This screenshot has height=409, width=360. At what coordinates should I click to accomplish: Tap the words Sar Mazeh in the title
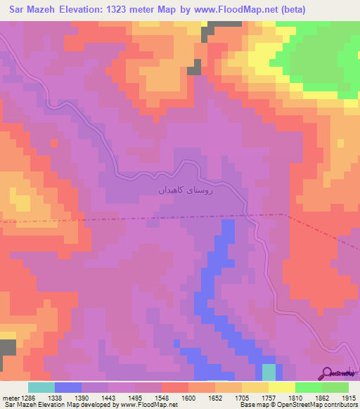coord(31,11)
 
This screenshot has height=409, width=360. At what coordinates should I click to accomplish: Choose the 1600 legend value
coord(188,398)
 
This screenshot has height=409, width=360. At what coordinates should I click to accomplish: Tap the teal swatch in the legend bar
coord(41,387)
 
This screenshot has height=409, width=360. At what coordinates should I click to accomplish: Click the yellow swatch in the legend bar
coord(281,387)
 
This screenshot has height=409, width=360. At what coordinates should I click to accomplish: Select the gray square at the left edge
coord(8,348)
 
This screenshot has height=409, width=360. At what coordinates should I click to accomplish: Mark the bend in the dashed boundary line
coord(283,214)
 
